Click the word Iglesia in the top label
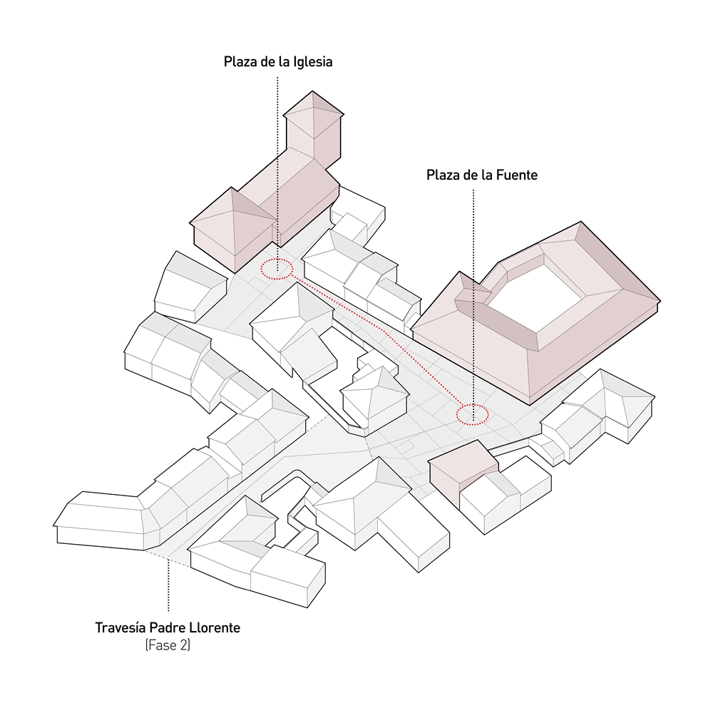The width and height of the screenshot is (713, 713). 313,62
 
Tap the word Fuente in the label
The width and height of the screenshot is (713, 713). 516,175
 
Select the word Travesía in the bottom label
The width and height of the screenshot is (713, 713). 120,627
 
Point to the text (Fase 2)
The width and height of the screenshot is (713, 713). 168,645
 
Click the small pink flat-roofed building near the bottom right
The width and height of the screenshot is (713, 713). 463,471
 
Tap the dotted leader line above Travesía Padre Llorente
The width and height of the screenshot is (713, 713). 168,585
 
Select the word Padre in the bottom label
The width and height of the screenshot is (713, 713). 167,627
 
